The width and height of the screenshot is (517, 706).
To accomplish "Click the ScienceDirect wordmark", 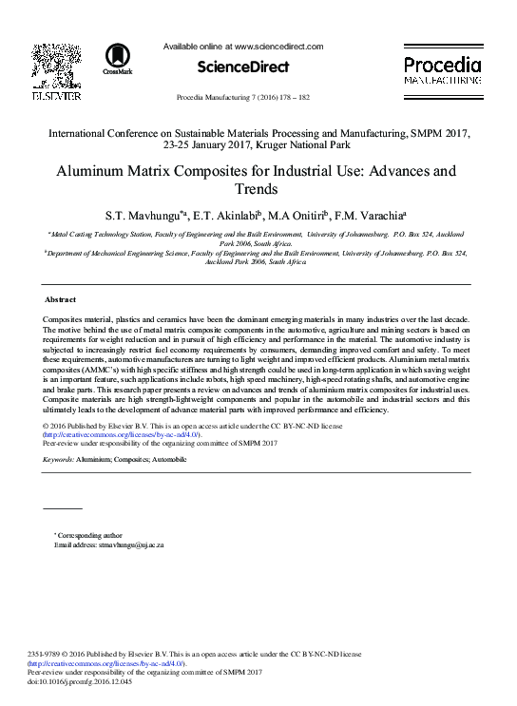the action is (243, 67).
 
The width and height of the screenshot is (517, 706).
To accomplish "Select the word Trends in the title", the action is (258, 189).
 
